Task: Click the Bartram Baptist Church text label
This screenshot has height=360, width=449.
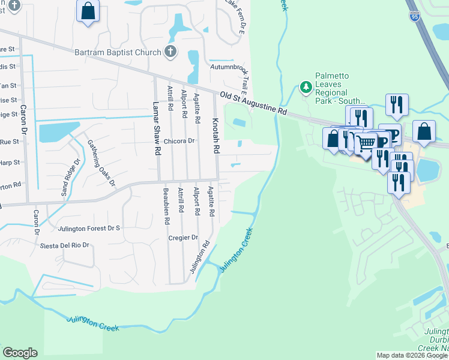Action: click(118, 52)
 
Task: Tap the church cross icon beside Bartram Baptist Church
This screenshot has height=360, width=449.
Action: click(170, 52)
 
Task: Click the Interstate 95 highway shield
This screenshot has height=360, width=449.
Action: click(415, 17)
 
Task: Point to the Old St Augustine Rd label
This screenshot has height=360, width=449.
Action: click(253, 104)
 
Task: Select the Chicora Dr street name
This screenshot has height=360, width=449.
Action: click(179, 141)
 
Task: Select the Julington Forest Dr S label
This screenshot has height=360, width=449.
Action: click(89, 229)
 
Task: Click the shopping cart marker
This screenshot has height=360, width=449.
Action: click(366, 142)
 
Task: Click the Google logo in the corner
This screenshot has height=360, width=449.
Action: click(20, 353)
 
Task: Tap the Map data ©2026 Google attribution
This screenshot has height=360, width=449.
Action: click(411, 355)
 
